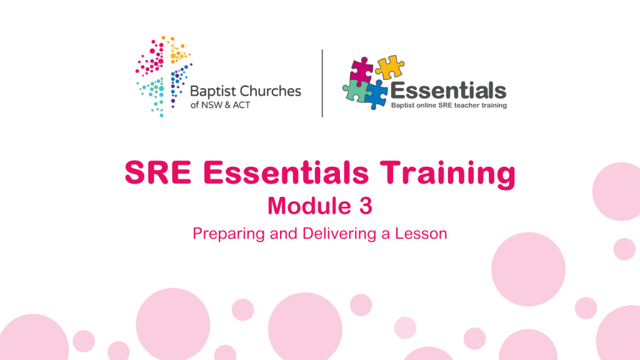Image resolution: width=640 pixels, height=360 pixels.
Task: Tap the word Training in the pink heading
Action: click(447, 174)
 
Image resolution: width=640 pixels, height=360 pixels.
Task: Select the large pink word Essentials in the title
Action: click(286, 172)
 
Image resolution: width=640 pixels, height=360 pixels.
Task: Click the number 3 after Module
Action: click(366, 206)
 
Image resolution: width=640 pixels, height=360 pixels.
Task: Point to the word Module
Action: click(309, 206)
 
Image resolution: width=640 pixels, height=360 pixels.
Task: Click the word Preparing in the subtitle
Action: click(229, 234)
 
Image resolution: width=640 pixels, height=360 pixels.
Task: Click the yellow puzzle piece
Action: click(389, 67)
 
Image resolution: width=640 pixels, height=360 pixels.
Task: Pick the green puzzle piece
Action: click(356, 91)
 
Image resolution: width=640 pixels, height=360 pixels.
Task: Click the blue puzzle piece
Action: click(376, 94)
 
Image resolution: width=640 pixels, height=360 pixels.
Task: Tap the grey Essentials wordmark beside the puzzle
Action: click(448, 91)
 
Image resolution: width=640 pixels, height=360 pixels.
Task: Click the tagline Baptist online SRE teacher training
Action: click(449, 105)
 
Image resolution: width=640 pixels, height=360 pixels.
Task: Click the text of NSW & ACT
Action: click(220, 105)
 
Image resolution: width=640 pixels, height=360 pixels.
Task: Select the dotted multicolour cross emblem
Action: click(164, 76)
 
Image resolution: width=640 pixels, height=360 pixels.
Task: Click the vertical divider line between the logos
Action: click(322, 83)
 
